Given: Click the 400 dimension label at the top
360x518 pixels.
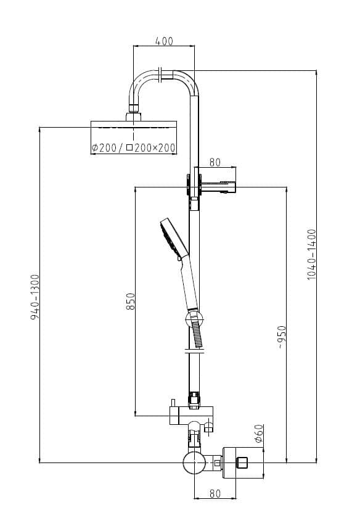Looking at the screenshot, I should pyautogui.click(x=164, y=41).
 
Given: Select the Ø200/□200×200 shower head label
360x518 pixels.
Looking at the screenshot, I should pyautogui.click(x=133, y=148).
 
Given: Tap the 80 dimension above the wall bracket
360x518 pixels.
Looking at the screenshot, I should pyautogui.click(x=215, y=162).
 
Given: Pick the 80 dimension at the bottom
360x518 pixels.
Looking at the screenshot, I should pyautogui.click(x=215, y=493).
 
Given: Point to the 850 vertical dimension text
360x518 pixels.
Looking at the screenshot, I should pyautogui.click(x=131, y=301).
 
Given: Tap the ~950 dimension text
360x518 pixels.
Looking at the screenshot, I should pyautogui.click(x=281, y=336).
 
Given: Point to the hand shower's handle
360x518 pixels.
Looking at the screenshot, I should pyautogui.click(x=189, y=284).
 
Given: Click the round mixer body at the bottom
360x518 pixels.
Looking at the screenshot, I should pyautogui.click(x=194, y=462).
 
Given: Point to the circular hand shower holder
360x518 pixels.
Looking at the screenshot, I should pyautogui.click(x=193, y=319).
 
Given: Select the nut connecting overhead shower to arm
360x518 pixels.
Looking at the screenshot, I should pyautogui.click(x=133, y=115).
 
